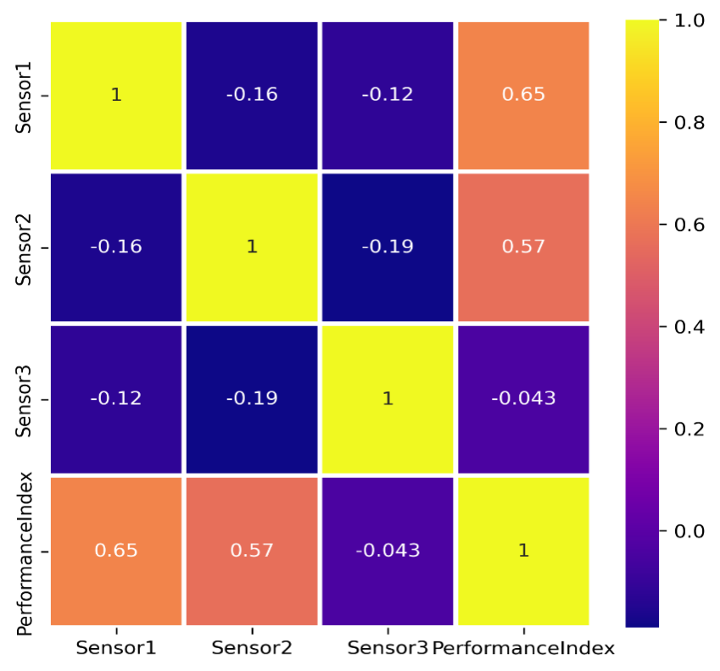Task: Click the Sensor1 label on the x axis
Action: click(115, 649)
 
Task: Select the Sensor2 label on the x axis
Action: click(252, 649)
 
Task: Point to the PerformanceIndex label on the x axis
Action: click(523, 649)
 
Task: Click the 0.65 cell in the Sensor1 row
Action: click(523, 94)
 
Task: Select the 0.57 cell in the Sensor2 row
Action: click(523, 247)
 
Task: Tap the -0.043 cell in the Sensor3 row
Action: click(523, 399)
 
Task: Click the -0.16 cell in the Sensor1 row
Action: click(252, 94)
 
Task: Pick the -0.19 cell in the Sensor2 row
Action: click(388, 247)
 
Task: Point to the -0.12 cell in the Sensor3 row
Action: click(116, 399)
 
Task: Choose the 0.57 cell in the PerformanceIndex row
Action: click(252, 551)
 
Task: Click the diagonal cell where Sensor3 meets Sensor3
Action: click(388, 399)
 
